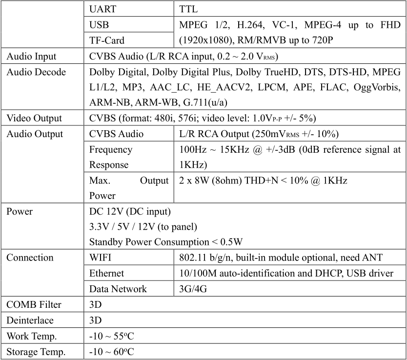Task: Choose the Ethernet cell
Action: pos(107,273)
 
